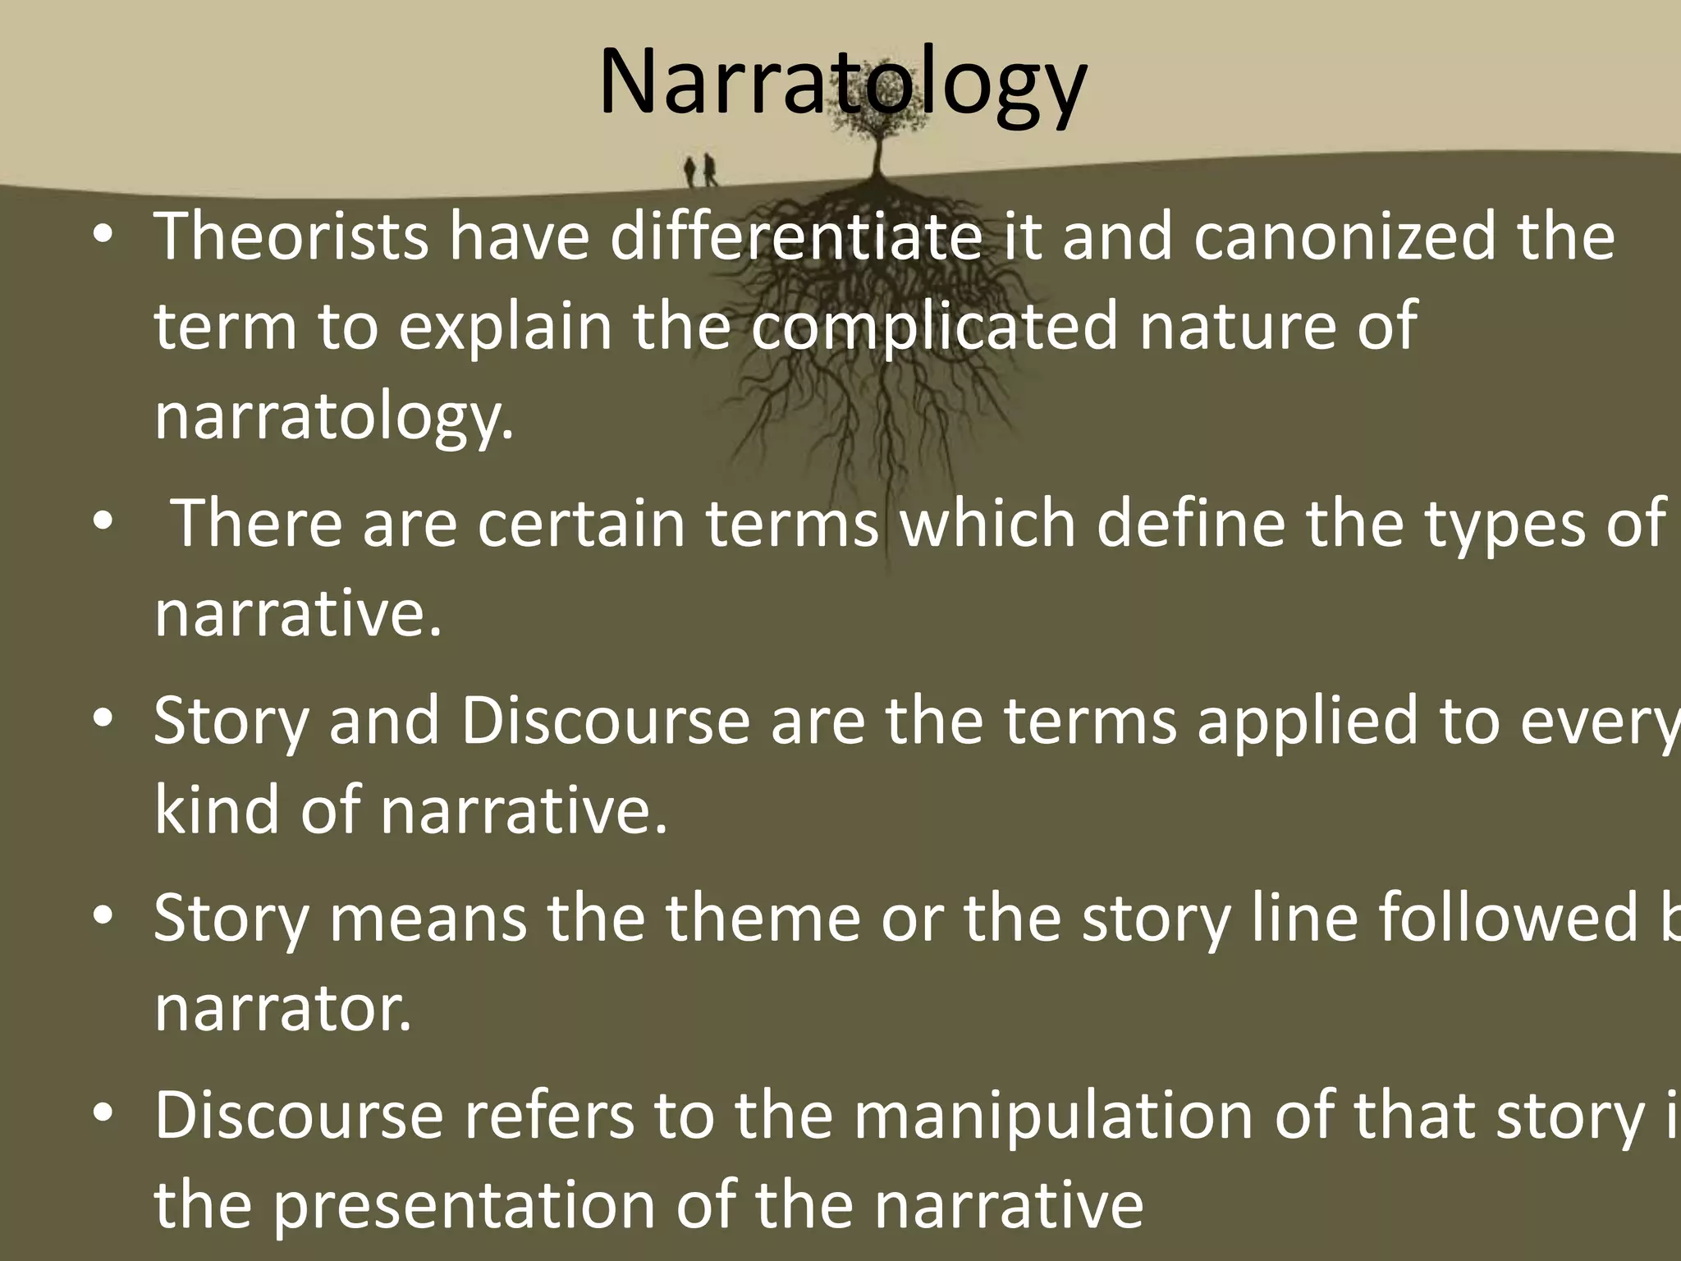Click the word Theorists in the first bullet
click(x=291, y=237)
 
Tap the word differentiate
click(x=795, y=237)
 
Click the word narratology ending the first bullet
click(x=332, y=417)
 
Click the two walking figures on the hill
click(x=700, y=171)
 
